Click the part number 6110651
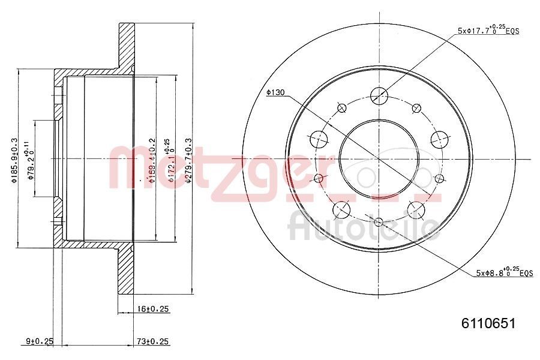pos(488,323)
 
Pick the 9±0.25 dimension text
pos(40,341)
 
